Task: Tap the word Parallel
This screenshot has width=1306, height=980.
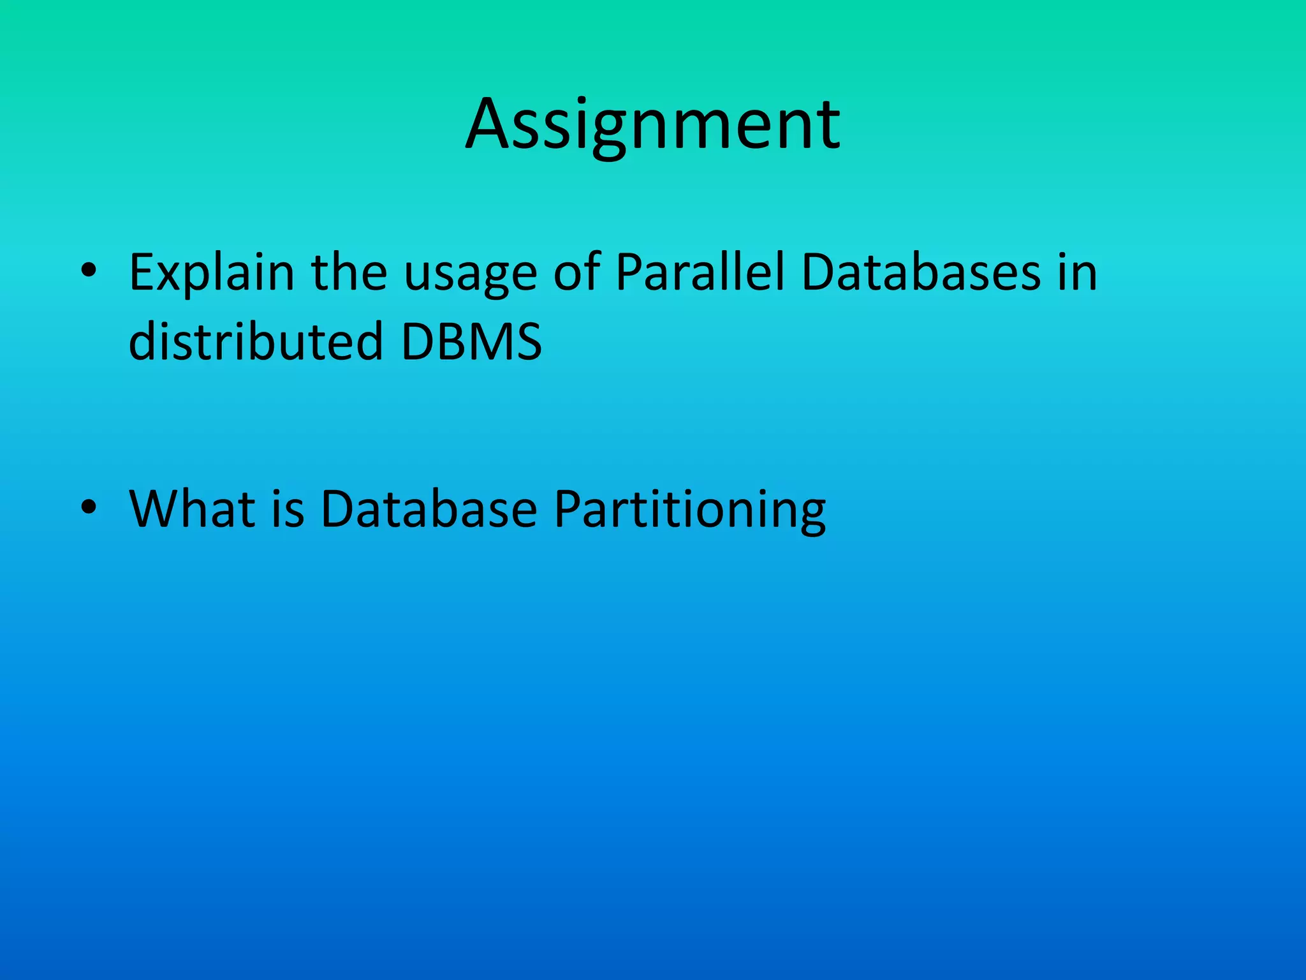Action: point(700,272)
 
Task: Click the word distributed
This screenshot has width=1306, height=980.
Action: point(255,341)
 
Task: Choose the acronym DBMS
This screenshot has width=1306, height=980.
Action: point(471,342)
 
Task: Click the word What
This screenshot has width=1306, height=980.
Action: point(192,509)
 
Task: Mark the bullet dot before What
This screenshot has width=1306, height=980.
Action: point(89,508)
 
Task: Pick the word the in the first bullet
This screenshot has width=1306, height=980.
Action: point(349,272)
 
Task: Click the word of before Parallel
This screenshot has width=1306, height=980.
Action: point(576,272)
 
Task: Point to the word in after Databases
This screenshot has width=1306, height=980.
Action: point(1077,272)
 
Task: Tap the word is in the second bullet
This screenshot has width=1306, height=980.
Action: point(288,509)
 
